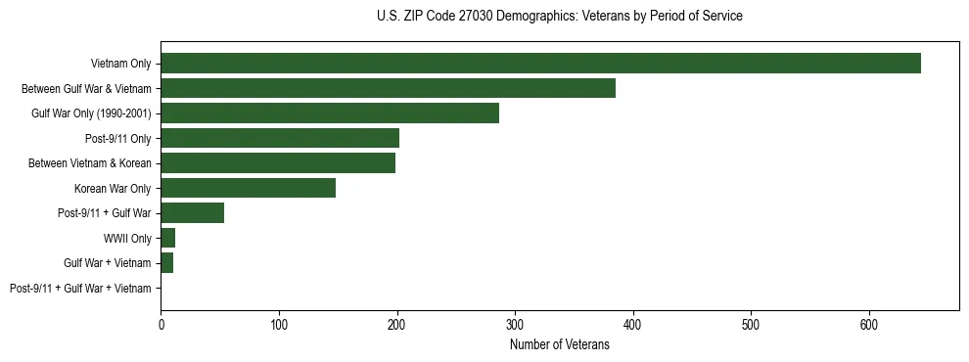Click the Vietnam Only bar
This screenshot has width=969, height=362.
tap(540, 64)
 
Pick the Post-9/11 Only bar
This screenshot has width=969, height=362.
tap(280, 138)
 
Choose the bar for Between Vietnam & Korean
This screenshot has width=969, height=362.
tap(278, 162)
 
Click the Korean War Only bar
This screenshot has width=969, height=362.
tap(249, 188)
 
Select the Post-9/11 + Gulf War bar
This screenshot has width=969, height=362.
tap(193, 212)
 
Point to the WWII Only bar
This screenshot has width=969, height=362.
tap(168, 238)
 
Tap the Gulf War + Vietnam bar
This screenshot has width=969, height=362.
tap(167, 262)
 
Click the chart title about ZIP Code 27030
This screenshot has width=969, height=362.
tap(559, 17)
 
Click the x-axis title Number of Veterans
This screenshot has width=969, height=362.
tap(559, 345)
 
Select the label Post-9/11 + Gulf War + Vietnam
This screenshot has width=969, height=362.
tap(80, 288)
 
